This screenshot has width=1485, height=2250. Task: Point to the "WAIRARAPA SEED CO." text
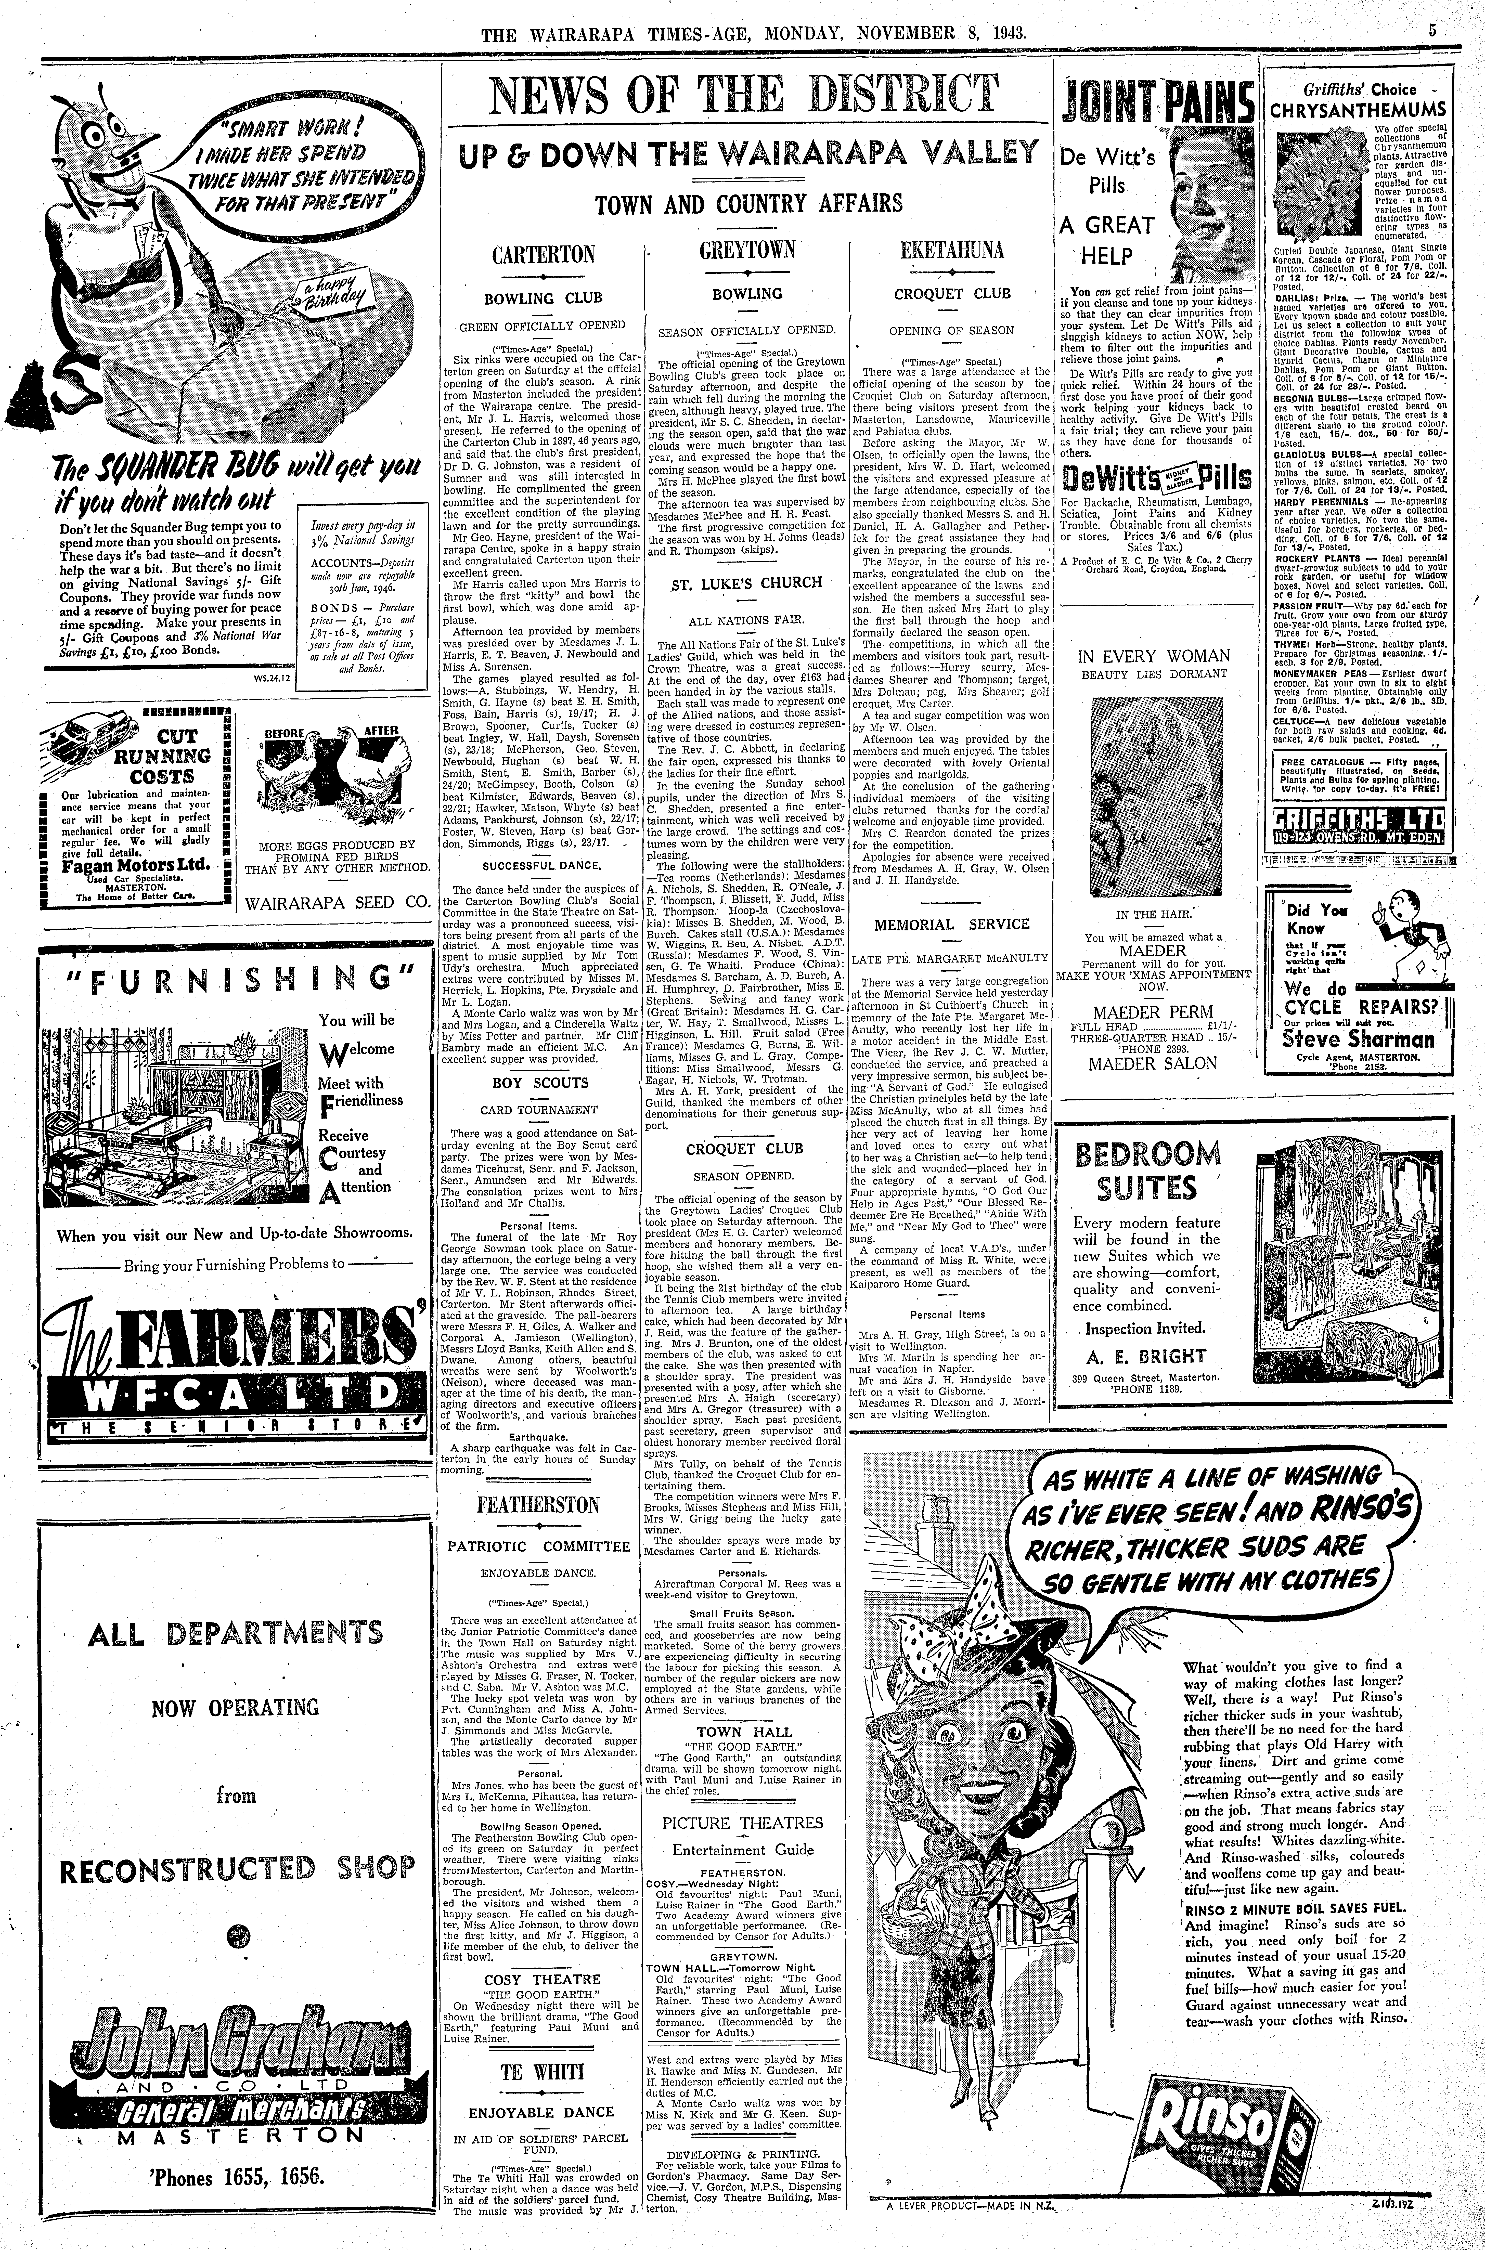point(337,902)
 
